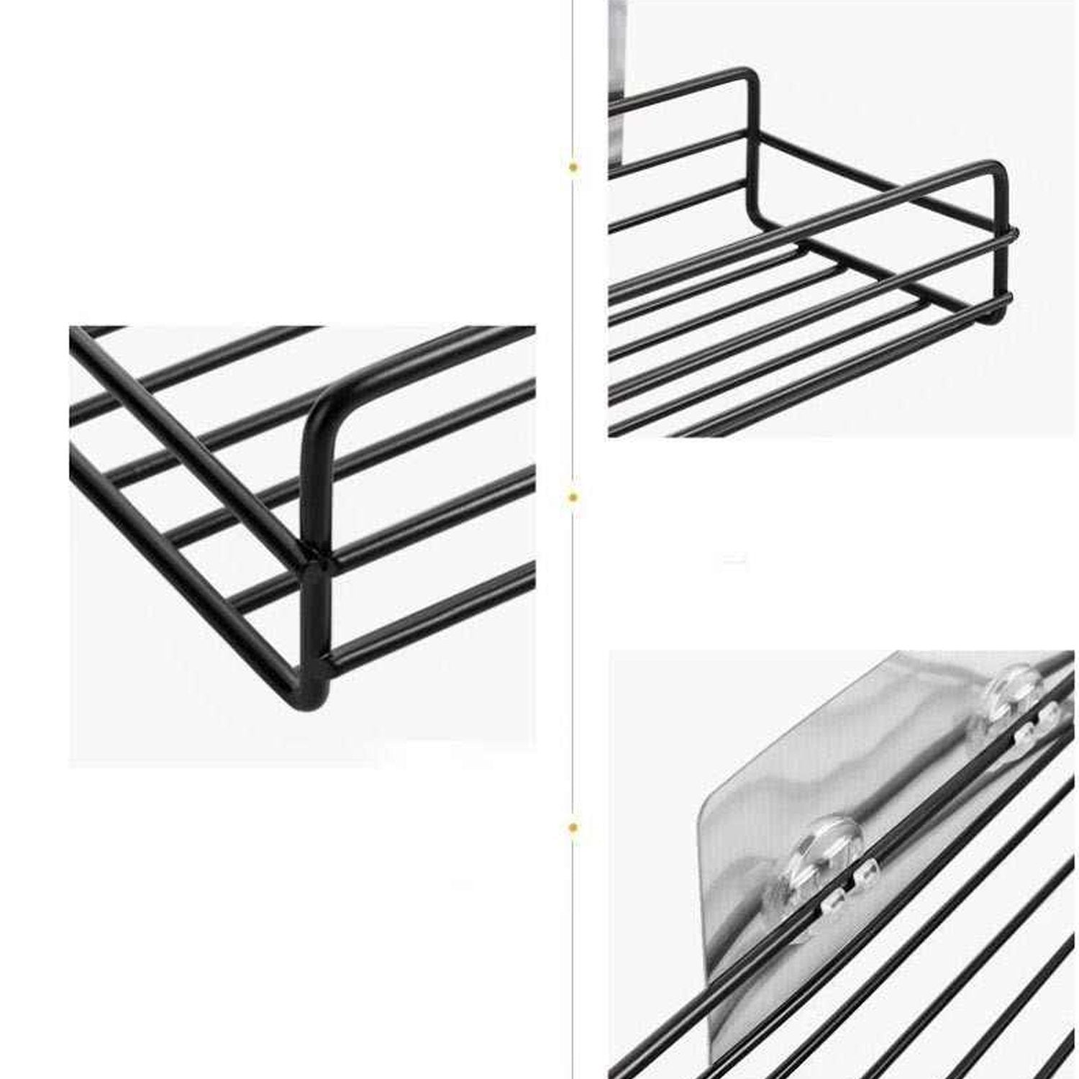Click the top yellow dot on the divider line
point(573,167)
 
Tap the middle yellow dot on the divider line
point(573,496)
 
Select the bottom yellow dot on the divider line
point(573,828)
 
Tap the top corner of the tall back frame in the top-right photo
point(748,76)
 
